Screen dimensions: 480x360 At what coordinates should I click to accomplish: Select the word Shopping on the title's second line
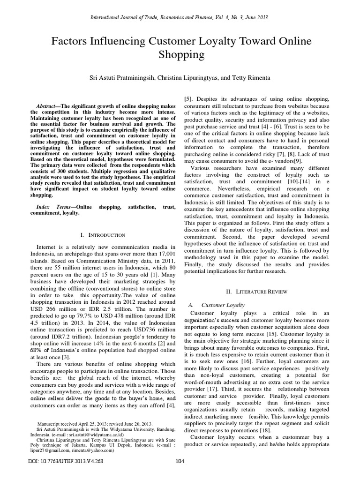pyautogui.click(x=180, y=55)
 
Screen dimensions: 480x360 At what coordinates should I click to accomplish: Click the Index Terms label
pyautogui.click(x=55, y=207)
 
